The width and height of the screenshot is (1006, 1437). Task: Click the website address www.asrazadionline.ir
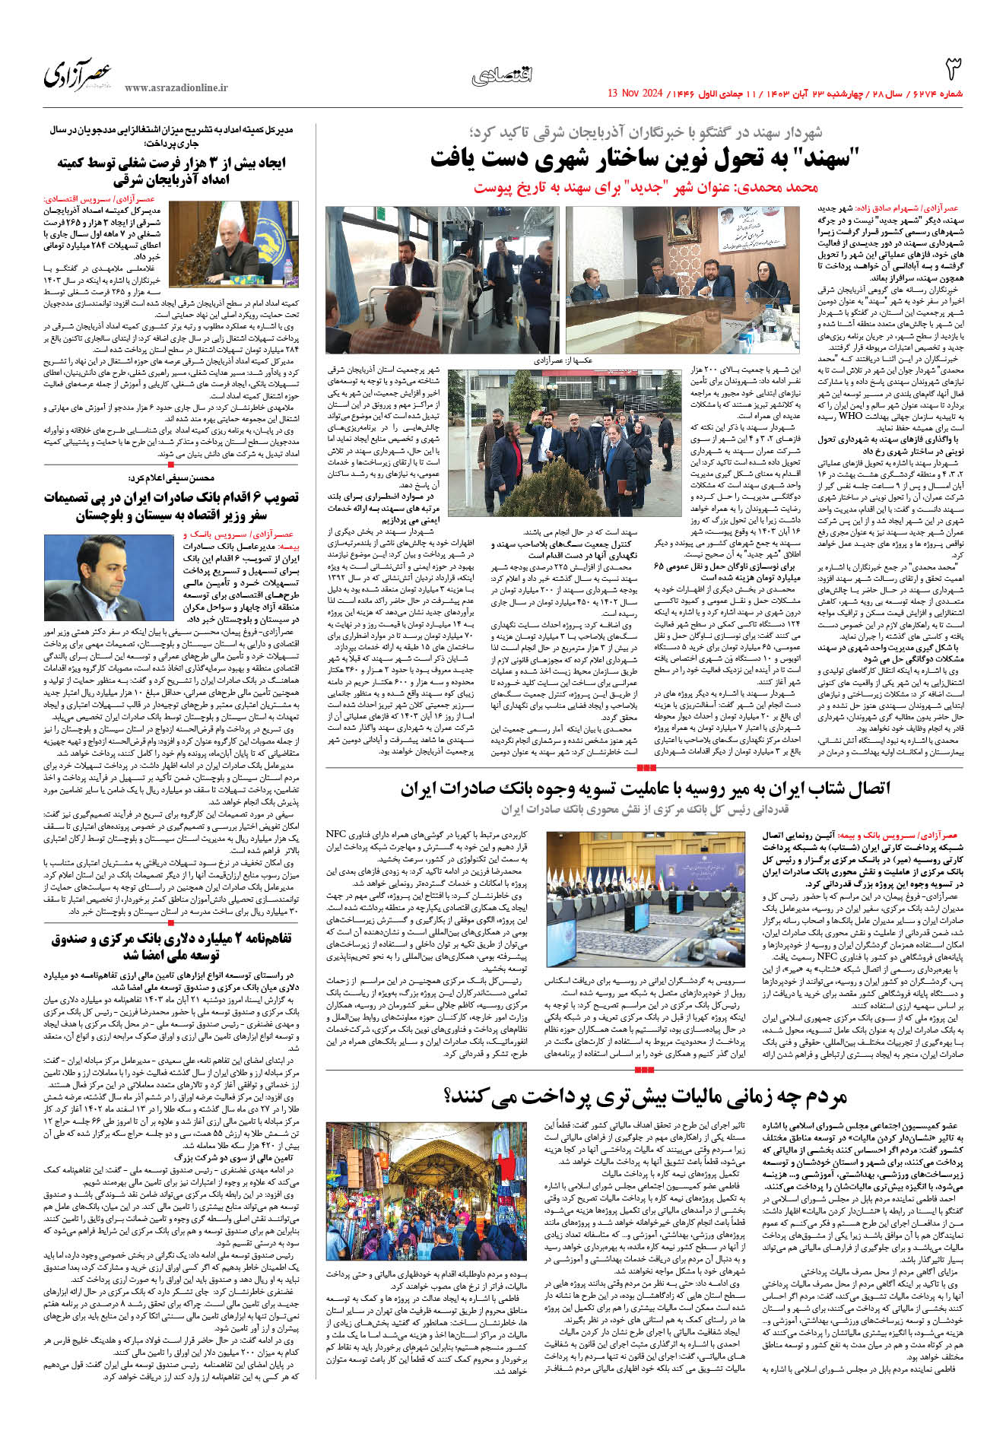176,88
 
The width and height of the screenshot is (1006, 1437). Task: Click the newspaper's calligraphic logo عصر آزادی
78,75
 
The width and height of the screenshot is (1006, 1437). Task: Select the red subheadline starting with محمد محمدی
646,187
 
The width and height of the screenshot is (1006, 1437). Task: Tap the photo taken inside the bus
442,279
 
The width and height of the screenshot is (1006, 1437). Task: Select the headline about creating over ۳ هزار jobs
172,171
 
